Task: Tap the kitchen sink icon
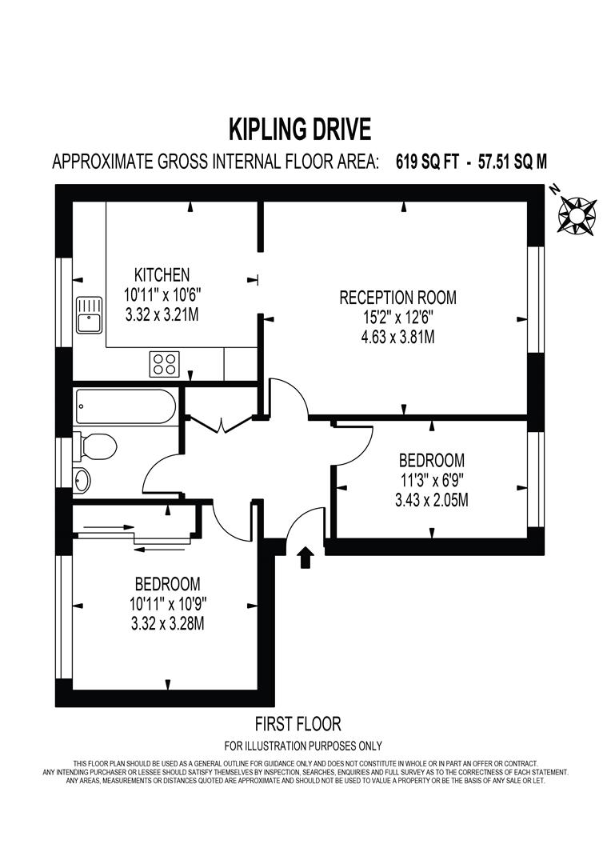(x=88, y=314)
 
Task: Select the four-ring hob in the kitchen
(x=164, y=364)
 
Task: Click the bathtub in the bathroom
(x=125, y=407)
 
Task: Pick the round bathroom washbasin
(x=82, y=480)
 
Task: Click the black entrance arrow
(x=304, y=557)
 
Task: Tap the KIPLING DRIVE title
(x=300, y=128)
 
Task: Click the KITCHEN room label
(x=162, y=274)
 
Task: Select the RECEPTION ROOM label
(x=397, y=298)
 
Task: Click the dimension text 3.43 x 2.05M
(x=433, y=501)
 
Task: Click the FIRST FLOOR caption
(x=298, y=724)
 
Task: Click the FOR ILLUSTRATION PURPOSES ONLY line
(x=303, y=746)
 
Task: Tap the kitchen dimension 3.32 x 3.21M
(x=162, y=314)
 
